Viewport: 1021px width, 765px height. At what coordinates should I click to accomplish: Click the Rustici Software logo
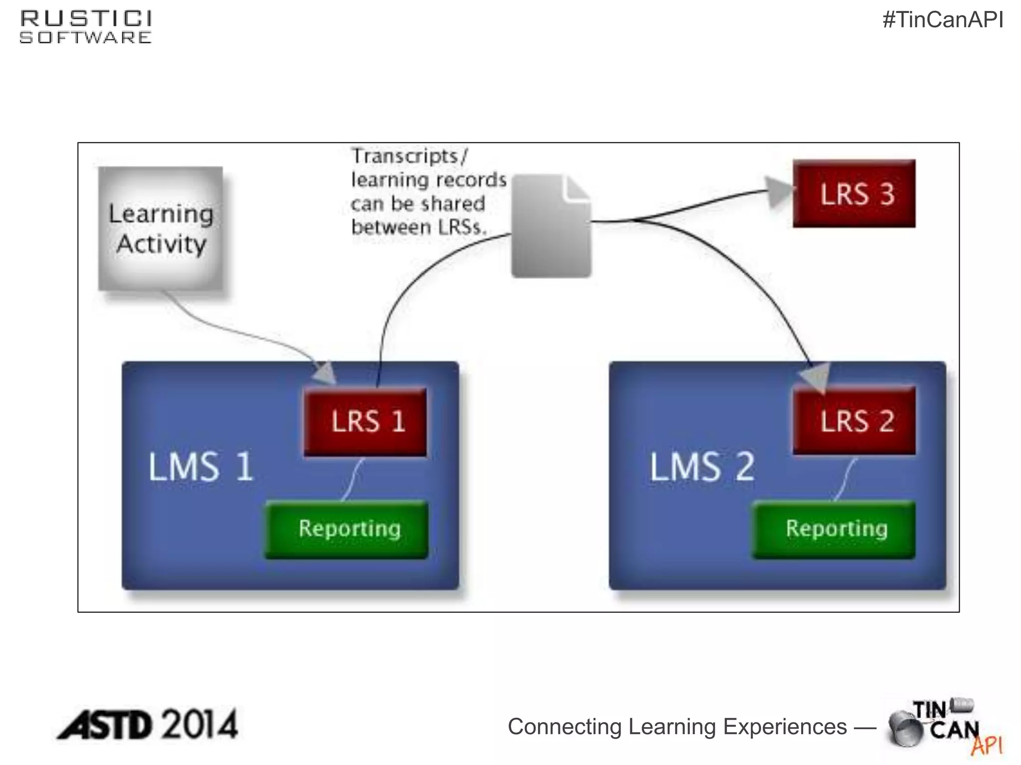(x=85, y=27)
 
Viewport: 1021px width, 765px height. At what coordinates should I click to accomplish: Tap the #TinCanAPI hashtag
(x=942, y=20)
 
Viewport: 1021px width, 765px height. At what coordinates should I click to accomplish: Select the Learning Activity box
(x=161, y=229)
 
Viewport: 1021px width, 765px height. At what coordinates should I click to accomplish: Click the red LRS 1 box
(x=365, y=421)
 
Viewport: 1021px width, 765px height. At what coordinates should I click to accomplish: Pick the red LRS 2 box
(x=854, y=420)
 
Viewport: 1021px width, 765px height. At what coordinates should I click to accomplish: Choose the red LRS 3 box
(x=854, y=194)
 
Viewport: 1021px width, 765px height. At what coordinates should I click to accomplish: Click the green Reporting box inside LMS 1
(x=346, y=529)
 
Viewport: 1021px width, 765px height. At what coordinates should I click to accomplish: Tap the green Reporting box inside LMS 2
(x=834, y=529)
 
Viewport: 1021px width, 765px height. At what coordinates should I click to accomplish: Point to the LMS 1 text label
(x=201, y=467)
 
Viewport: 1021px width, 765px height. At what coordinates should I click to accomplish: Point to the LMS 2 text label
(x=702, y=467)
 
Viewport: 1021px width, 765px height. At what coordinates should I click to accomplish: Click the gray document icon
(x=551, y=227)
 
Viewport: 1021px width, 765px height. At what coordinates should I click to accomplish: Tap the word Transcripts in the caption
(x=405, y=156)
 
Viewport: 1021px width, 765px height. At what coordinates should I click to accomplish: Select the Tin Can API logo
(x=944, y=727)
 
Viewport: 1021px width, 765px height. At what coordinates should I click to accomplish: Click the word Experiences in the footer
(x=785, y=727)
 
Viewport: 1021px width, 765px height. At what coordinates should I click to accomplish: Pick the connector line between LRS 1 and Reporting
(x=352, y=479)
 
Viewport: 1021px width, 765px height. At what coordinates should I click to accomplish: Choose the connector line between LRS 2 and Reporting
(x=845, y=479)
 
